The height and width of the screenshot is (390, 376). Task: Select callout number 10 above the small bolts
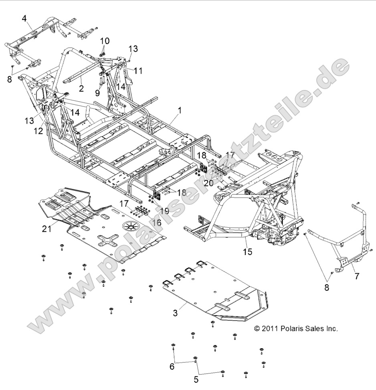click(104, 41)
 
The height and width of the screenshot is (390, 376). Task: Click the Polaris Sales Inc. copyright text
click(296, 329)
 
